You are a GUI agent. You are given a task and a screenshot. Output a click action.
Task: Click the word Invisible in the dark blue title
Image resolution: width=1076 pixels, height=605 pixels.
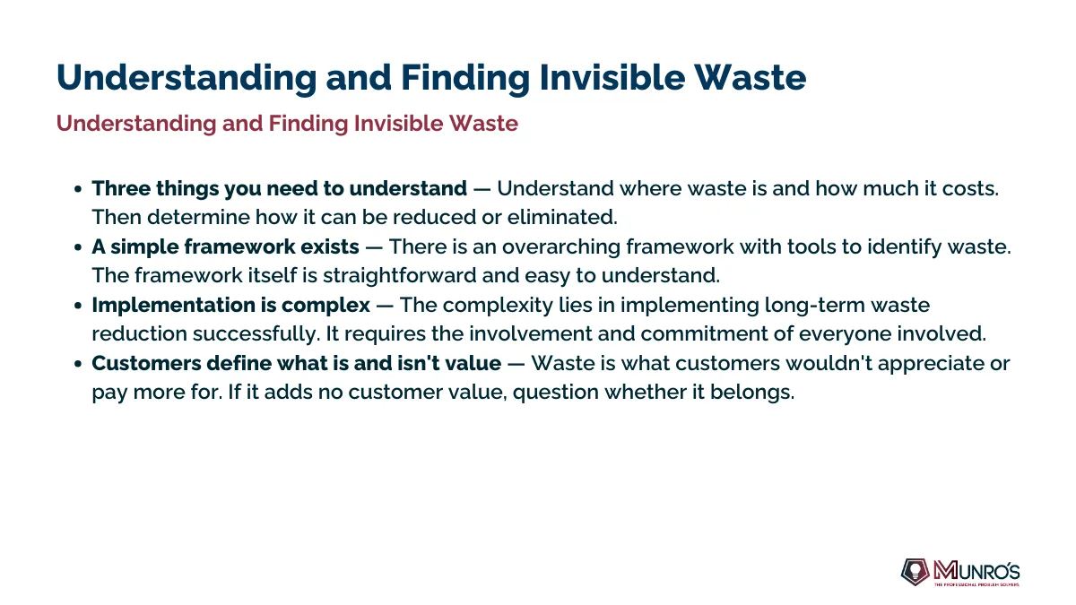pyautogui.click(x=612, y=77)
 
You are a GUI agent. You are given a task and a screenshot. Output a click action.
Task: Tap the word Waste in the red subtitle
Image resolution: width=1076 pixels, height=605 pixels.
pyautogui.click(x=483, y=124)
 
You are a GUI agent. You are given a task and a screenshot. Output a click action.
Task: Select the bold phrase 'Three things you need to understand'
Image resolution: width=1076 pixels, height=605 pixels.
pyautogui.click(x=279, y=189)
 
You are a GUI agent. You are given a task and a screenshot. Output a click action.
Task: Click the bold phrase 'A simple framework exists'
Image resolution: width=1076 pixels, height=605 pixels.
pyautogui.click(x=225, y=246)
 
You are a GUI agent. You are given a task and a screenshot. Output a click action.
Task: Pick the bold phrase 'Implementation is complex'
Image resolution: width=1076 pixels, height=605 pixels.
pyautogui.click(x=231, y=306)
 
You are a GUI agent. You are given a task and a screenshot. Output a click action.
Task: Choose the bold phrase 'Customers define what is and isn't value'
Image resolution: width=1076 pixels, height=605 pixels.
pyautogui.click(x=297, y=364)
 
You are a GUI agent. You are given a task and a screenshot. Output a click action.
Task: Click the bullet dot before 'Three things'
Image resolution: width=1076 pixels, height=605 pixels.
pyautogui.click(x=78, y=189)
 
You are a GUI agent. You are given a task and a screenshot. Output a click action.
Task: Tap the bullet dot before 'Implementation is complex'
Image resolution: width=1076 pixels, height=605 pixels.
pyautogui.click(x=78, y=306)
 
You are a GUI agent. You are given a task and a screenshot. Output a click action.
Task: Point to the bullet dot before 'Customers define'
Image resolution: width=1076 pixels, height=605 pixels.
pyautogui.click(x=78, y=364)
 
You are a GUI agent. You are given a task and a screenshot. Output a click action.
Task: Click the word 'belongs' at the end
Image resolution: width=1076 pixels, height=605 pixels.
pyautogui.click(x=752, y=393)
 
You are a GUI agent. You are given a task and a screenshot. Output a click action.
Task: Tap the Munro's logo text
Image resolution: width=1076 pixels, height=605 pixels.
pyautogui.click(x=976, y=572)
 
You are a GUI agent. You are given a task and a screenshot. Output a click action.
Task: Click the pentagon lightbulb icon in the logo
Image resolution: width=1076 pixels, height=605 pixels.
pyautogui.click(x=915, y=572)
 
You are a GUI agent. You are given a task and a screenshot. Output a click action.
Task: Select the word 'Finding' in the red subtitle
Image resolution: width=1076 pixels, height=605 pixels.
pyautogui.click(x=308, y=124)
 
